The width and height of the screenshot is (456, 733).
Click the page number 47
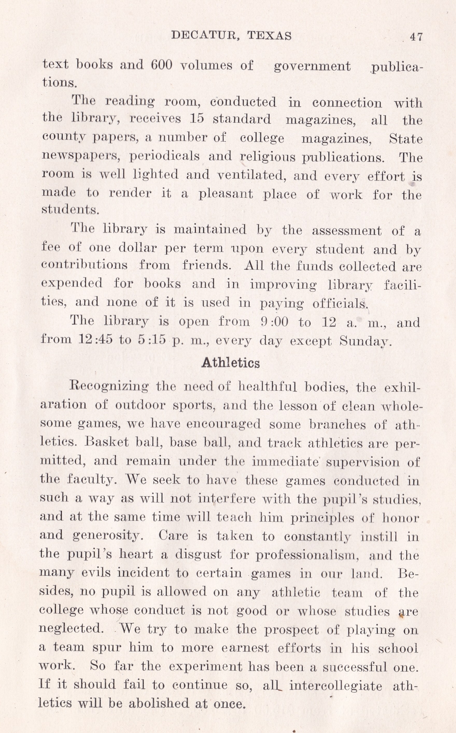[416, 37]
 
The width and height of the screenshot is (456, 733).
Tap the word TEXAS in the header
[269, 36]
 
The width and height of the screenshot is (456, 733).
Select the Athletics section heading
[230, 363]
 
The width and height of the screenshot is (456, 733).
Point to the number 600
[161, 65]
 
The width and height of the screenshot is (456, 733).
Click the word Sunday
[365, 341]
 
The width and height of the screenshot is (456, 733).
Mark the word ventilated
[251, 175]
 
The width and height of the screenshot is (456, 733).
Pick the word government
[312, 66]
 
